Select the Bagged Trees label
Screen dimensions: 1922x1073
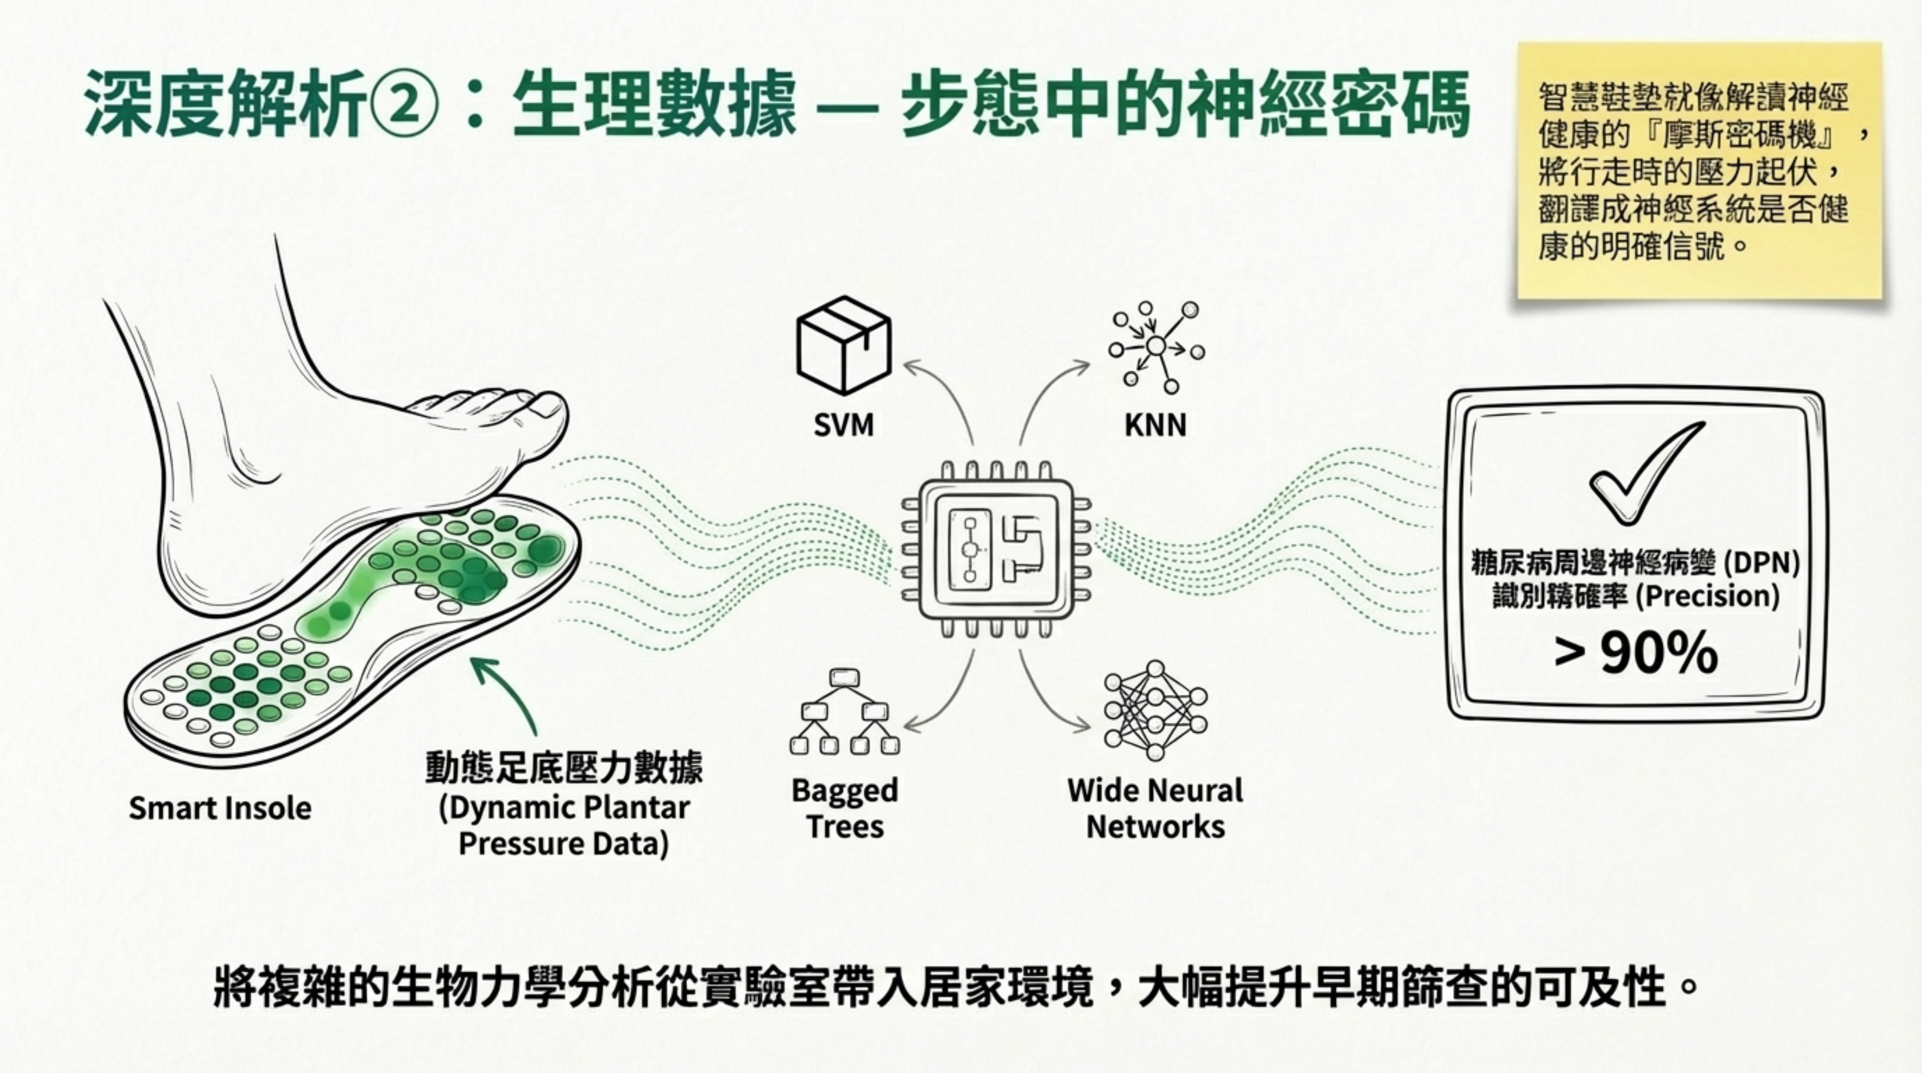click(845, 808)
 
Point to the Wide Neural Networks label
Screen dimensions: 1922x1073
click(1155, 808)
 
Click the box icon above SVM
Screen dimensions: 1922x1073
click(844, 345)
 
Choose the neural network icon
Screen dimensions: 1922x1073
click(1155, 710)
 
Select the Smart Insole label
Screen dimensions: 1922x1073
click(220, 808)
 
